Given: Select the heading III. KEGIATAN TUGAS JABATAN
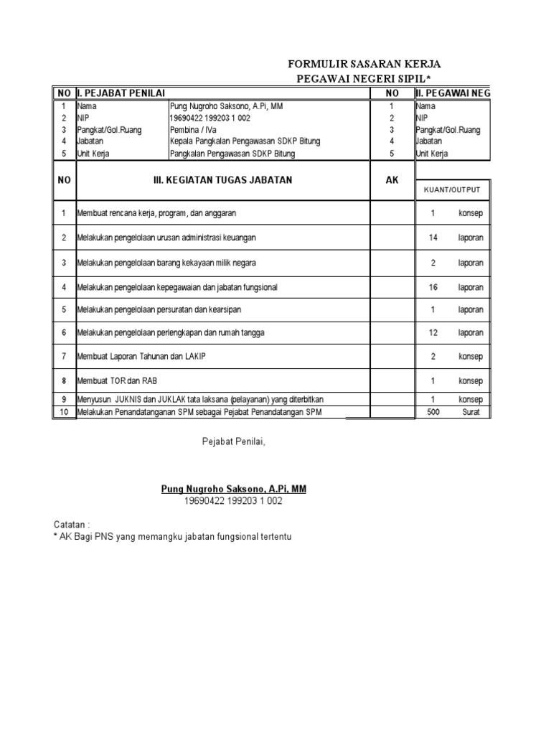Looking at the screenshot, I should (x=223, y=180).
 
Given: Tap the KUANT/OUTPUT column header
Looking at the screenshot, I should (x=453, y=190).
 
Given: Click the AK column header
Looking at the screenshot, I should (x=392, y=180).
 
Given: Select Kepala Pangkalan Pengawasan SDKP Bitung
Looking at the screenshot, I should (x=245, y=141).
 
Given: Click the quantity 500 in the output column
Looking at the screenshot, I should (x=433, y=412).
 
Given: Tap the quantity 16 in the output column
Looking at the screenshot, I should (x=433, y=287).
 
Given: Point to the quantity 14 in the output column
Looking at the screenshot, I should (x=433, y=238).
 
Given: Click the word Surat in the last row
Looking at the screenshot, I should (x=471, y=412).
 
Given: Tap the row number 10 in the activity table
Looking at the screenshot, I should (x=63, y=412).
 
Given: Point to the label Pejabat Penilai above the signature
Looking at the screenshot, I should (x=233, y=441).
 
